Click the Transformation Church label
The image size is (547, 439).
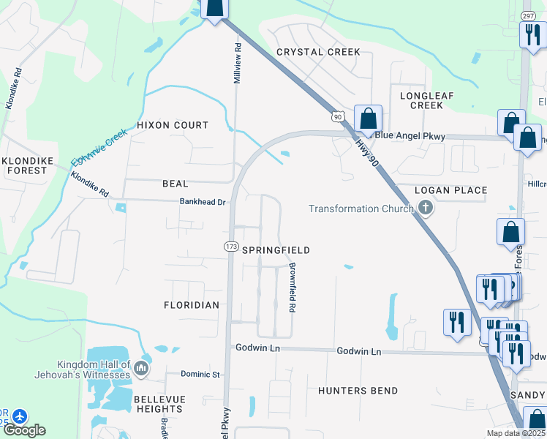(x=361, y=209)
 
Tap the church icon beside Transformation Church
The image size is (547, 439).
(x=426, y=209)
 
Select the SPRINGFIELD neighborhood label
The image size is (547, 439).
(x=276, y=250)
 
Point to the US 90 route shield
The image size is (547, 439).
(x=337, y=116)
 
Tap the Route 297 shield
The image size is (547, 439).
(x=528, y=15)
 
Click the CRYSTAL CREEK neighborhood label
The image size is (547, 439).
(x=318, y=52)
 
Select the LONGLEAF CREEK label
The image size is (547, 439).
(x=421, y=100)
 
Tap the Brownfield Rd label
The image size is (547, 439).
(x=292, y=288)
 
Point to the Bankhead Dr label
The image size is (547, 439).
(x=203, y=202)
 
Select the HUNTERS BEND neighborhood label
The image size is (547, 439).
(x=358, y=391)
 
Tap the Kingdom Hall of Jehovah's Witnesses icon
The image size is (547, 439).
(x=142, y=369)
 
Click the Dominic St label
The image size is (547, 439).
(x=200, y=375)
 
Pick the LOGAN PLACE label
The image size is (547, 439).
(x=450, y=190)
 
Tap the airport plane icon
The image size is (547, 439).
(x=19, y=416)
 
